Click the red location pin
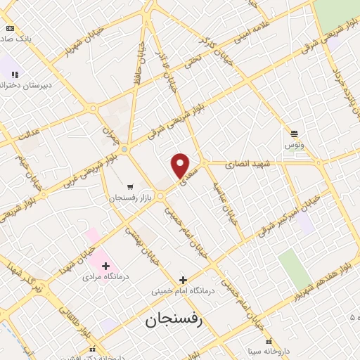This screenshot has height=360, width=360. [x=181, y=165]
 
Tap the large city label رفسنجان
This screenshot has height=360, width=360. [x=173, y=321]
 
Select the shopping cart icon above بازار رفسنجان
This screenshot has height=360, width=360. [x=130, y=187]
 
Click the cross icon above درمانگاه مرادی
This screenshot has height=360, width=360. [x=105, y=266]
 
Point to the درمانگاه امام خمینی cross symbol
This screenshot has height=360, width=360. [x=183, y=280]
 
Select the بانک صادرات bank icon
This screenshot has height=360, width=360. [x=9, y=28]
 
